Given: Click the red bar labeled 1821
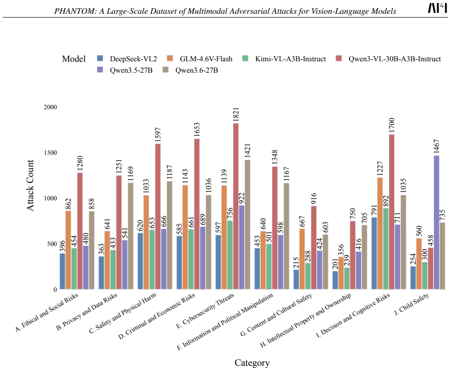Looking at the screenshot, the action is [236, 206].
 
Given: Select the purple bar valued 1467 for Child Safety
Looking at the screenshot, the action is [436, 222].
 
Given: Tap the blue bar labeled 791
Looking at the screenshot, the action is [374, 253].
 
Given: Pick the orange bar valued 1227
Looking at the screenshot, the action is [380, 233].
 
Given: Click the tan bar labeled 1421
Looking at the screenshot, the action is [247, 225].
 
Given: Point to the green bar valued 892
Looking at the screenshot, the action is [386, 248].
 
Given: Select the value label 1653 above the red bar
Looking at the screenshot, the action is [197, 131].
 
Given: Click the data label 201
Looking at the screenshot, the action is [335, 265].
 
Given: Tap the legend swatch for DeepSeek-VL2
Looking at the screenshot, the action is [100, 58].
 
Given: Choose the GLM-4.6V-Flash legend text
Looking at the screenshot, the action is [206, 59].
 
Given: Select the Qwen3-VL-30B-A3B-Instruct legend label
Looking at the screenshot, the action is [395, 59].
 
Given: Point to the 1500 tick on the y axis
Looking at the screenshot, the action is [50, 153].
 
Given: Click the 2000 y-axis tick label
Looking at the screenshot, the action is [50, 107].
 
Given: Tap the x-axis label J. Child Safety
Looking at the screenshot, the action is [412, 304].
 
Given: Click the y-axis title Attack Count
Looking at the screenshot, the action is [30, 185].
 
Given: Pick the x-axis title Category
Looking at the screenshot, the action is [252, 363].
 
